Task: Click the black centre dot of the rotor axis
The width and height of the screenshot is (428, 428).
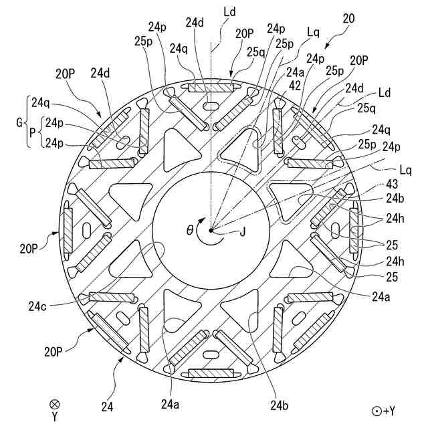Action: tap(211, 230)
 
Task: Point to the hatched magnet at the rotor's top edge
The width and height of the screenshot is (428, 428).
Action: tap(211, 88)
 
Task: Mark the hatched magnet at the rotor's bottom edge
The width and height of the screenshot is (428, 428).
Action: tap(211, 373)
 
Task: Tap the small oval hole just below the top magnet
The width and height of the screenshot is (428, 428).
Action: tap(211, 106)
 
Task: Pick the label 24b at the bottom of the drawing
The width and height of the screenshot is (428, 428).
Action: tap(280, 404)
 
